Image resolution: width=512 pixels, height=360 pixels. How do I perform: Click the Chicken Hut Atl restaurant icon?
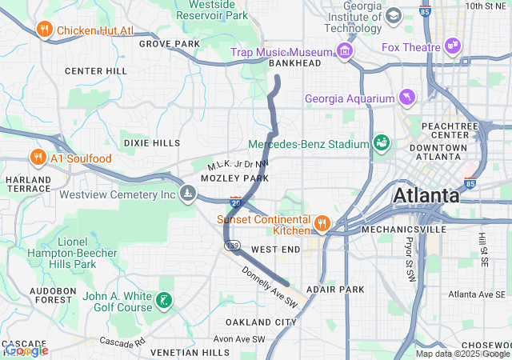(x=45, y=30)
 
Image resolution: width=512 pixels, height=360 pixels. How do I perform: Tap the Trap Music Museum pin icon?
(x=345, y=52)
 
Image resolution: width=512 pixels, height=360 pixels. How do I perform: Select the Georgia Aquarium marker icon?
(x=409, y=98)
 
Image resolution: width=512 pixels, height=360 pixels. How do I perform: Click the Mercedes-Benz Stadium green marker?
(x=381, y=143)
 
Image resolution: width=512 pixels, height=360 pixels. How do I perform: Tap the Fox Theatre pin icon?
(x=453, y=46)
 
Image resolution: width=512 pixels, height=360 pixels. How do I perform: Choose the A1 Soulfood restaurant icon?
(x=37, y=158)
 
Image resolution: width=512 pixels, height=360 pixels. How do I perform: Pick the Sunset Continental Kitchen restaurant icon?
(x=322, y=223)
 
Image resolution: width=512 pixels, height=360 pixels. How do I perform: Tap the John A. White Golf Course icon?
(x=164, y=301)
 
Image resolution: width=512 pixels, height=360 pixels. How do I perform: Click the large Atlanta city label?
(x=426, y=195)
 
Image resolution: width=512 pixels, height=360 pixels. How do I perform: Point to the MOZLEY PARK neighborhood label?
(x=234, y=178)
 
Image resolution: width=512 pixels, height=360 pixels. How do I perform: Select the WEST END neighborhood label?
(x=274, y=250)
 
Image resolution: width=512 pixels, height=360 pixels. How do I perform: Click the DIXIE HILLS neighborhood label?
(x=152, y=143)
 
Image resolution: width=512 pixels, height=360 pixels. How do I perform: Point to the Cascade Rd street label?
(x=122, y=342)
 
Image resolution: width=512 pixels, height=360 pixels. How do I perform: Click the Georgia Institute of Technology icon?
(x=394, y=16)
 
